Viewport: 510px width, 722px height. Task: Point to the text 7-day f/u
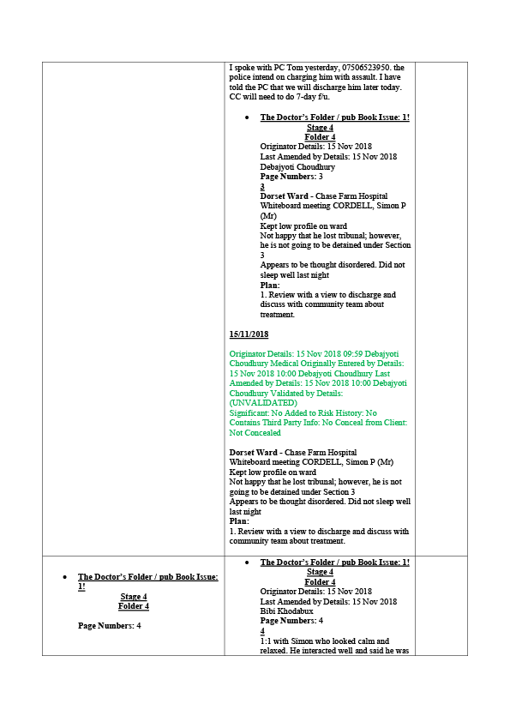313,97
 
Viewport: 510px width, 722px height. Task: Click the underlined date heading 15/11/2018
249,334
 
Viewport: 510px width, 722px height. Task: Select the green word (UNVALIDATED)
263,403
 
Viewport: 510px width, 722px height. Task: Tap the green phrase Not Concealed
255,433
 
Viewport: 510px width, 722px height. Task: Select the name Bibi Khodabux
286,611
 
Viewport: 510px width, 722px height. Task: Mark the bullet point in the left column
65,577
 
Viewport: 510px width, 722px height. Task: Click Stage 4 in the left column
134,597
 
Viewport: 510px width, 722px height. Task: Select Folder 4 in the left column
134,606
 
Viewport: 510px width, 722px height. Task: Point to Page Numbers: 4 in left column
110,626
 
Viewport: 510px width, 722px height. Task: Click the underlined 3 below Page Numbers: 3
262,187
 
